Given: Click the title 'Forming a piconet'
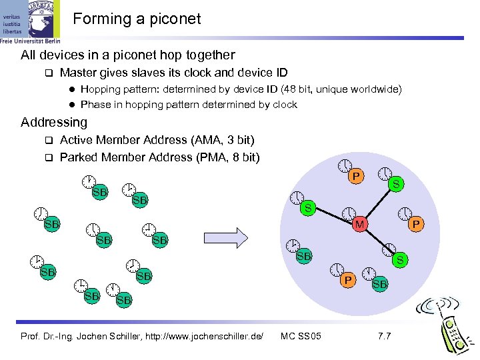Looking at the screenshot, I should (x=137, y=19).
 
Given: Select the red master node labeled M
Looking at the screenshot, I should (x=359, y=225).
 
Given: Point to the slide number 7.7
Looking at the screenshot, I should (x=384, y=335).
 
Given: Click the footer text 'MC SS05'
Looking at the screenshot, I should (x=301, y=335).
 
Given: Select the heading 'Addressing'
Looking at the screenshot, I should (x=54, y=122).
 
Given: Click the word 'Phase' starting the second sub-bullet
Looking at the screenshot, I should (x=95, y=105).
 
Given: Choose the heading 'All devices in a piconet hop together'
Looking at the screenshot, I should (x=128, y=55).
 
